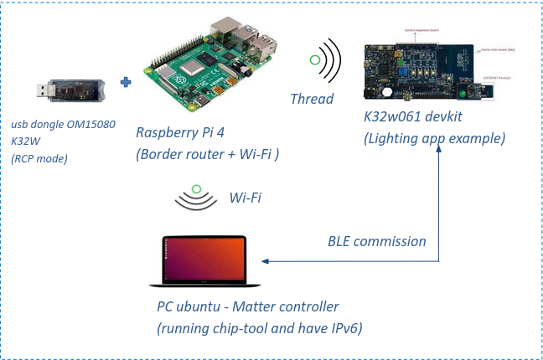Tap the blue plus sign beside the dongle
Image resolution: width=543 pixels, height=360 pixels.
click(127, 82)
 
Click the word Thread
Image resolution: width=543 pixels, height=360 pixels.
click(311, 99)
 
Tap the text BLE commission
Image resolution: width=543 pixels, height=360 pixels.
click(376, 241)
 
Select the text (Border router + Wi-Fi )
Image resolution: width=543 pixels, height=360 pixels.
click(207, 154)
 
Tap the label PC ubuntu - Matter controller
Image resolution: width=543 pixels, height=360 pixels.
click(248, 306)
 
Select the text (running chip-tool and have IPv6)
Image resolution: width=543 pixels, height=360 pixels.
click(259, 328)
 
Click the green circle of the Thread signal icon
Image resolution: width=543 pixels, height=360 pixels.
click(315, 60)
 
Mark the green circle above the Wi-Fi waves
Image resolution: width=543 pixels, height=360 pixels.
click(195, 189)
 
